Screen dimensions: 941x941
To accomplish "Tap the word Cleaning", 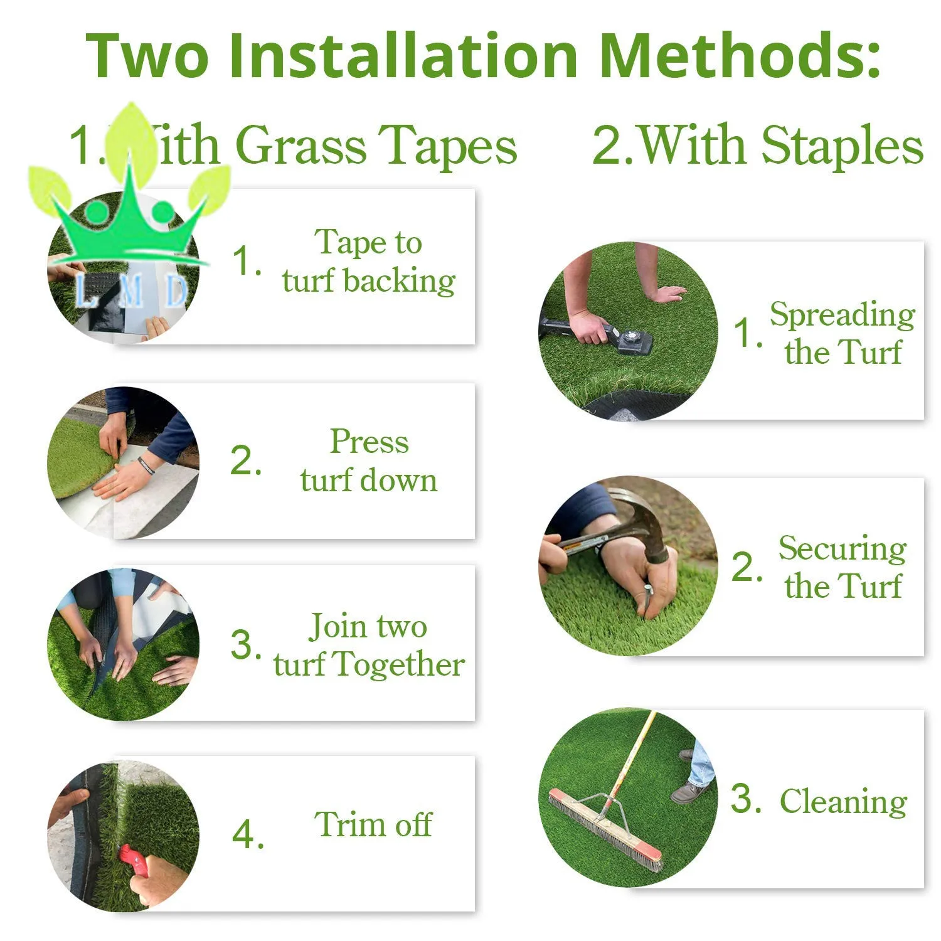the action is [843, 802].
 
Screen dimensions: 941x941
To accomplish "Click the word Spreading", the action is [843, 316].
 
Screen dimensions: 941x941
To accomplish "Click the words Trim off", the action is [373, 824].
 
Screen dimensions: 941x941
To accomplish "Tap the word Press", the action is [369, 442].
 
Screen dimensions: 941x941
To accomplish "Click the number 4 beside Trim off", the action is [247, 835].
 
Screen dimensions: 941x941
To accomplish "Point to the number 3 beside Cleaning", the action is [745, 799].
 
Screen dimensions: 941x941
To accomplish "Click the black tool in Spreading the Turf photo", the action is [596, 333].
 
